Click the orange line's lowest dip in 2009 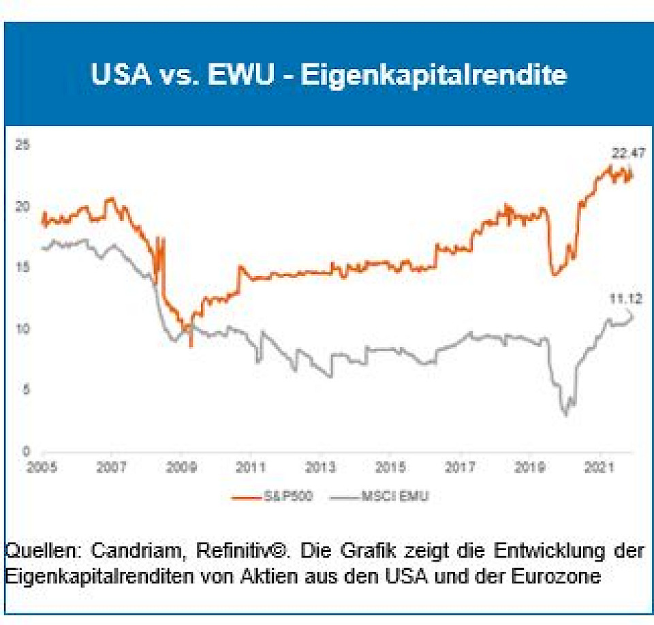click(191, 346)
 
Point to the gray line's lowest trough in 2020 click(565, 414)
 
